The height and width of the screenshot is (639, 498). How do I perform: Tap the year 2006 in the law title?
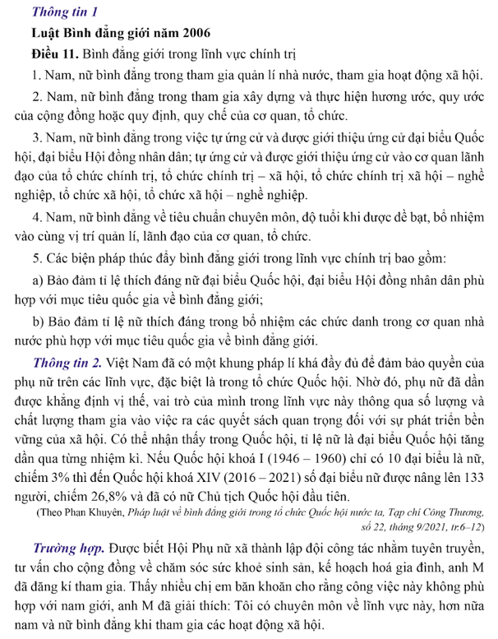193,34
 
